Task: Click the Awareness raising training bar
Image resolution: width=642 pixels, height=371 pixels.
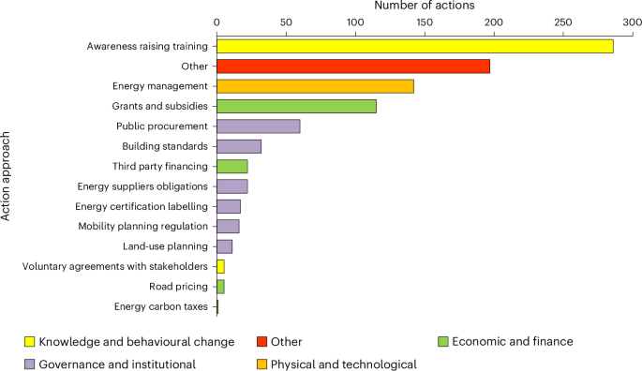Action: pyautogui.click(x=414, y=46)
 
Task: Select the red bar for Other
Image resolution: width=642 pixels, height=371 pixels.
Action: pyautogui.click(x=352, y=67)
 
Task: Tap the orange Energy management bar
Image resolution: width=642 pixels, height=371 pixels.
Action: pyautogui.click(x=315, y=86)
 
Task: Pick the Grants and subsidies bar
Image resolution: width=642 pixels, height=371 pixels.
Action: pyautogui.click(x=296, y=107)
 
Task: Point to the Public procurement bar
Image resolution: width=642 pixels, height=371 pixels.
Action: pyautogui.click(x=258, y=126)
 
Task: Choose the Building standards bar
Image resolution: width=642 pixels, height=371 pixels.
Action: pyautogui.click(x=238, y=146)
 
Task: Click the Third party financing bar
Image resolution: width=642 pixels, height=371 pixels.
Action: pyautogui.click(x=231, y=166)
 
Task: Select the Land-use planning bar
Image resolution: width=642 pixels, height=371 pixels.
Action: pyautogui.click(x=224, y=246)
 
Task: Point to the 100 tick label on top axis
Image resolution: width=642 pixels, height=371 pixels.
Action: pyautogui.click(x=354, y=22)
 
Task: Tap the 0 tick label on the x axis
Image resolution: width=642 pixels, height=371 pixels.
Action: pyautogui.click(x=216, y=22)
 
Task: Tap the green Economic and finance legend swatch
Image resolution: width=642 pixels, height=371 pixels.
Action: pyautogui.click(x=443, y=342)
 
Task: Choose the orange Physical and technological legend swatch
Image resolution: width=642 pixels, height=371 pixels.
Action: pyautogui.click(x=262, y=364)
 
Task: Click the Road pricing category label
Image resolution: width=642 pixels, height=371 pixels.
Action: pyautogui.click(x=179, y=287)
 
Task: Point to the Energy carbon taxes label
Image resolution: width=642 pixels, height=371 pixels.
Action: pyautogui.click(x=160, y=306)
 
